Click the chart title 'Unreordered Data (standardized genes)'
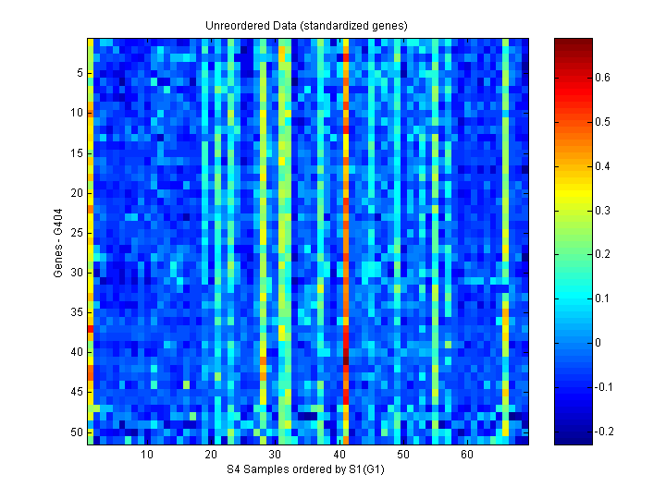coord(306,26)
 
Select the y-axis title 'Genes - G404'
coord(59,241)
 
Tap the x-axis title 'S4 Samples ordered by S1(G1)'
coord(306,470)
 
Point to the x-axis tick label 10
coord(147,456)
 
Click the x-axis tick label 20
coord(211,456)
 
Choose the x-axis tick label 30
coord(275,456)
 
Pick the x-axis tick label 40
coord(339,456)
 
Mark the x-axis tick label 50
coord(402,456)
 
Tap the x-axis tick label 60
coord(467,456)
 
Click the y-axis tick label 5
coord(80,73)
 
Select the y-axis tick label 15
coord(77,152)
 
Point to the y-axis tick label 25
coord(77,232)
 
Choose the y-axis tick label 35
coord(77,312)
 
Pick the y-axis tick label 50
coord(77,432)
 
